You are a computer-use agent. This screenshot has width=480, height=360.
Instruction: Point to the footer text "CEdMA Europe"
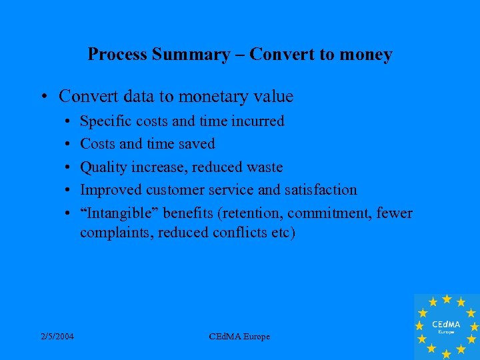point(239,337)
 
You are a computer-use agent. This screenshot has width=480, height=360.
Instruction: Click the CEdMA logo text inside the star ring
point(447,323)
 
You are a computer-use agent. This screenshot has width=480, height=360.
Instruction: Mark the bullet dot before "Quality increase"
point(69,167)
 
